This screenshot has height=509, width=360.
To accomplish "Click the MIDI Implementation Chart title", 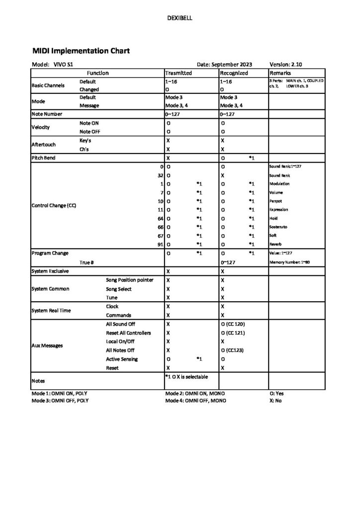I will (x=81, y=51).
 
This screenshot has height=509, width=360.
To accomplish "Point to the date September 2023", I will (x=224, y=65).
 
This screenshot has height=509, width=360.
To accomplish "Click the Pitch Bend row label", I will (x=44, y=158).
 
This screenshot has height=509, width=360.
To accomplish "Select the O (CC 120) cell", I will (x=238, y=324).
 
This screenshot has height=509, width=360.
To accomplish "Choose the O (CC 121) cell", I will (x=238, y=333).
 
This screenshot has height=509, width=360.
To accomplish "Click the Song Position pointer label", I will (x=129, y=280).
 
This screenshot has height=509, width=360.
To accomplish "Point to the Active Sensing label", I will (x=122, y=359).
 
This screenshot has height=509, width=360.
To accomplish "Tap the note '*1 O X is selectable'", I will (x=186, y=376).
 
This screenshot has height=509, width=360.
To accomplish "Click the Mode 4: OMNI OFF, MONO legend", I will (x=195, y=400).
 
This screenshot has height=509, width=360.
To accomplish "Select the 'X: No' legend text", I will (x=275, y=400).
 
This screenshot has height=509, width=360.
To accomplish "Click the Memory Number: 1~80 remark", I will (x=290, y=262).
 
